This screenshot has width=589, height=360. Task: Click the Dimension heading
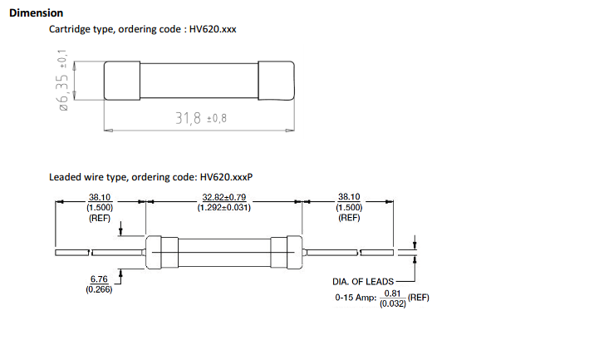click(36, 12)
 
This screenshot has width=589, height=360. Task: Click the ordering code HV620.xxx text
click(213, 29)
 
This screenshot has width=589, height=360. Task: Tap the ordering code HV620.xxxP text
click(226, 176)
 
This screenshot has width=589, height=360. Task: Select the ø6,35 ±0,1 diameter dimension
click(63, 80)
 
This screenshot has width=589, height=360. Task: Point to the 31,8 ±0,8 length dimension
click(201, 118)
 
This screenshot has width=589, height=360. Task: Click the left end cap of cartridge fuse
click(122, 81)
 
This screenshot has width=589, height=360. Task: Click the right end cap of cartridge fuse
click(276, 81)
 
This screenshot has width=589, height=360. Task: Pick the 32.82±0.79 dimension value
click(223, 197)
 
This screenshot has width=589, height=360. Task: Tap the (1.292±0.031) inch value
click(223, 207)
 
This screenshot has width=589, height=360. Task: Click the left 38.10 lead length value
click(100, 197)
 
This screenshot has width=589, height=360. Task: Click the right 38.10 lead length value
click(349, 196)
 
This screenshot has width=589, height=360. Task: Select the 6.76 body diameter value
click(99, 279)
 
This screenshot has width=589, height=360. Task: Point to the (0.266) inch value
click(99, 289)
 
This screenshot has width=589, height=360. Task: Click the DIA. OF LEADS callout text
click(363, 282)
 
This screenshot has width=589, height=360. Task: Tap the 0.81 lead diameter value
click(393, 293)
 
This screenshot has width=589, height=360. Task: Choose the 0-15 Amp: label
click(356, 298)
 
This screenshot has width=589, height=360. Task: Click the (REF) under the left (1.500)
click(100, 218)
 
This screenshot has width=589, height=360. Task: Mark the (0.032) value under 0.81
click(393, 303)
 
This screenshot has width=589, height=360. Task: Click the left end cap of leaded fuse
click(162, 252)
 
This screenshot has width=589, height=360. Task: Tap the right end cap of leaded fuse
click(287, 252)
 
